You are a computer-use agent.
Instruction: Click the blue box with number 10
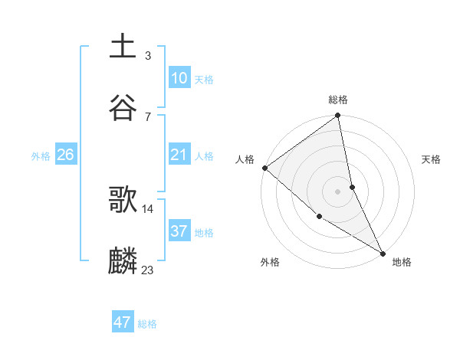(x=179, y=78)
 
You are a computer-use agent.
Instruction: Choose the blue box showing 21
(x=179, y=155)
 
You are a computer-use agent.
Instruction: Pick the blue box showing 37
(x=179, y=231)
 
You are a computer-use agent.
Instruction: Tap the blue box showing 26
(x=65, y=155)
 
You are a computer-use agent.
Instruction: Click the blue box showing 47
(x=123, y=322)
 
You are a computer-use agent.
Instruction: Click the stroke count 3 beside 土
(x=147, y=55)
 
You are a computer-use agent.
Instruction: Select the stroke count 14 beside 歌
(x=148, y=208)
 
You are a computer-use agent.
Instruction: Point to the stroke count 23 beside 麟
(x=148, y=269)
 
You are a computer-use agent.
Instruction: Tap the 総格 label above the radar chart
(x=338, y=100)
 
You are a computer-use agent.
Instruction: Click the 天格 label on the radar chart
(x=431, y=159)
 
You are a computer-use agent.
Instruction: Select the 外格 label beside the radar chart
(x=270, y=262)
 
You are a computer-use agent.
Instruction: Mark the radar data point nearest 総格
(x=338, y=116)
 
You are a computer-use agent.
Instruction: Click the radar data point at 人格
(x=264, y=168)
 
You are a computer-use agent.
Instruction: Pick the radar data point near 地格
(x=383, y=252)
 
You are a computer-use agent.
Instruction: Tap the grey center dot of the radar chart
(x=338, y=191)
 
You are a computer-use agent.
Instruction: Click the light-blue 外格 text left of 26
(x=41, y=155)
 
